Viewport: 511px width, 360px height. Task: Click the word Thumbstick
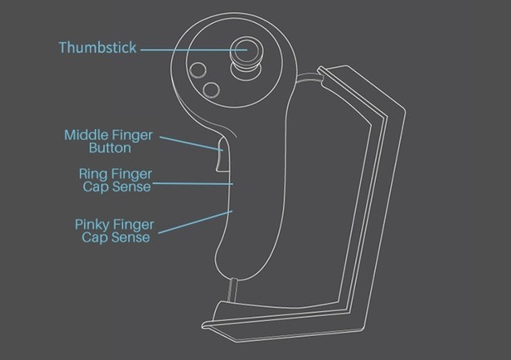tap(97, 48)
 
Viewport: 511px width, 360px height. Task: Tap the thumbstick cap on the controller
tap(246, 52)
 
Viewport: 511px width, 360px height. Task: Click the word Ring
tap(94, 173)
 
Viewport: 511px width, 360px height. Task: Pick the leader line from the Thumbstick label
tap(184, 49)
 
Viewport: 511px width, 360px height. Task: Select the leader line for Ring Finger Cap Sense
tap(192, 184)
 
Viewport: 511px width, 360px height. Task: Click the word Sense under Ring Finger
tap(134, 186)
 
